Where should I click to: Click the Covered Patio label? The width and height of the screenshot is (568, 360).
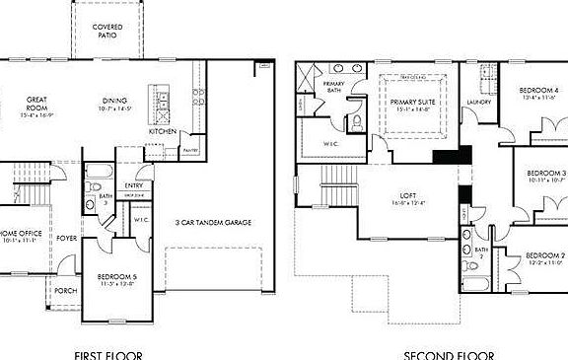pos(106,30)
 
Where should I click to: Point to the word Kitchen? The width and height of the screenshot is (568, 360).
pos(163,131)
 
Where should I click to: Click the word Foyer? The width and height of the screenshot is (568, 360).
pos(66,239)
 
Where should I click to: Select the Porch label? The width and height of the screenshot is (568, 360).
pos(65,290)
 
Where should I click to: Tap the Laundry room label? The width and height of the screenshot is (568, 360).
pos(480,102)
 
